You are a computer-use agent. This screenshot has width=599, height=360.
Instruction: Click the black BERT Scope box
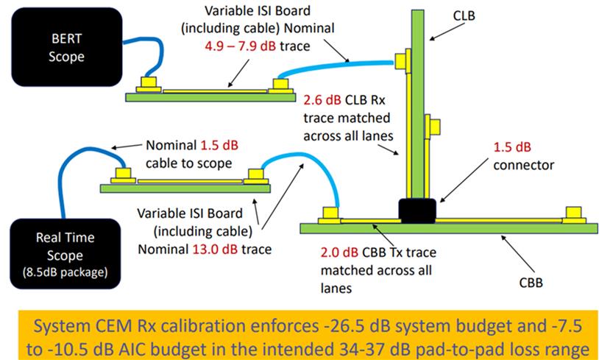click(67, 47)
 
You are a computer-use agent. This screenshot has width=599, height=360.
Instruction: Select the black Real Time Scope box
click(65, 254)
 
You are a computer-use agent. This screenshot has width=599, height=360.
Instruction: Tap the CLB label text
click(464, 15)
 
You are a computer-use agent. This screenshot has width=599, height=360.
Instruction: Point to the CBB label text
click(531, 283)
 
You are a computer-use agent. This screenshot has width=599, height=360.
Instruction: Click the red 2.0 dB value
click(340, 253)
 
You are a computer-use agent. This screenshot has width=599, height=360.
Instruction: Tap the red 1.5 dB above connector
click(512, 147)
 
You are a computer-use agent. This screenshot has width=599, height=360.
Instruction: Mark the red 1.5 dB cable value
click(219, 145)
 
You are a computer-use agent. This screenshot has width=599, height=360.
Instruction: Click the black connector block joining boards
click(417, 211)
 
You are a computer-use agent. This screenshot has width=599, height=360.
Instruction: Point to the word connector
click(524, 165)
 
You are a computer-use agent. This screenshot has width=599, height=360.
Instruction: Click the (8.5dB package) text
click(65, 272)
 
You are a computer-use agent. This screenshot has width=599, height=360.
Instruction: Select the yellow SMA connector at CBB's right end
click(574, 215)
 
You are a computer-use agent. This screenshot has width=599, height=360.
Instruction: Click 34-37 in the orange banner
click(394, 349)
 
